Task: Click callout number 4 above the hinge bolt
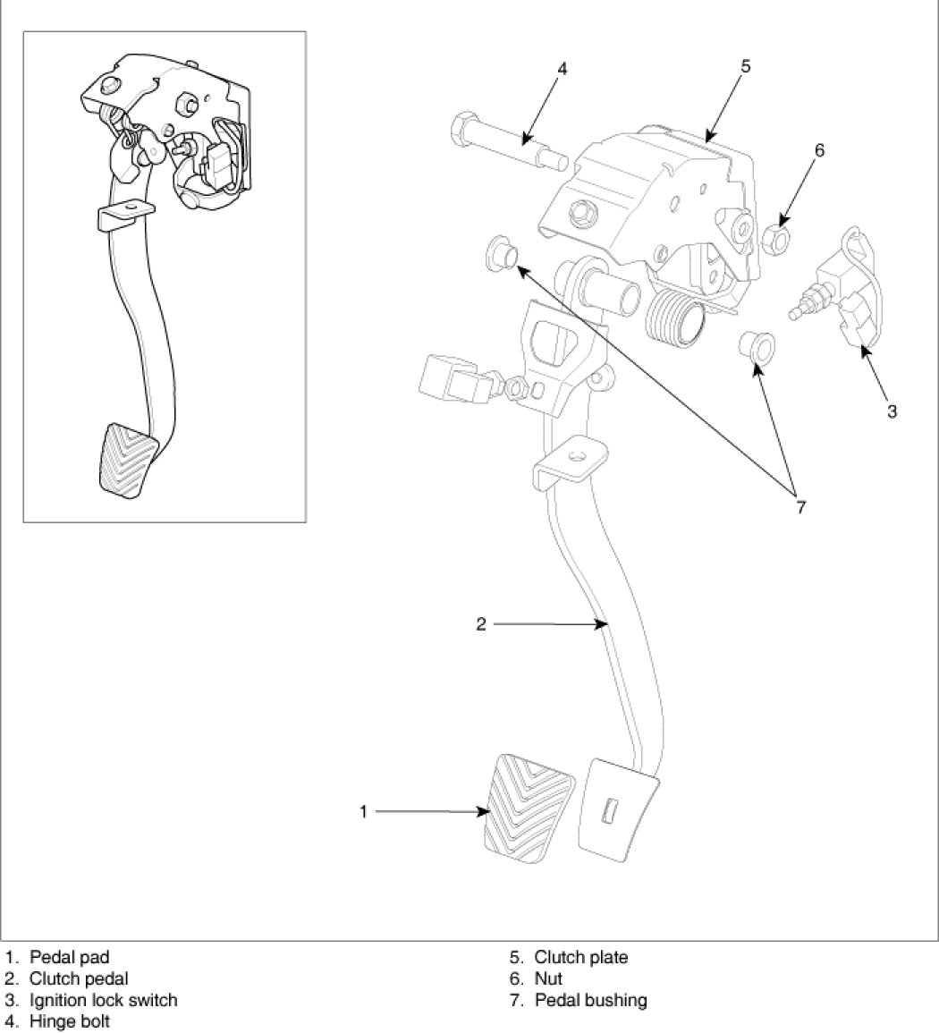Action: point(562,70)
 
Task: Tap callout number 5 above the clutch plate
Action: point(745,66)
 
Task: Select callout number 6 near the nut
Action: point(818,151)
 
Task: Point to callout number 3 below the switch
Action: point(892,411)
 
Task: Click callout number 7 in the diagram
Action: point(800,507)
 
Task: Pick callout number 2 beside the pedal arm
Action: point(481,624)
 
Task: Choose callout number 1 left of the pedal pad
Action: point(364,811)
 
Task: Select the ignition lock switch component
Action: point(845,296)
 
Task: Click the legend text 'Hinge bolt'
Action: point(70,1020)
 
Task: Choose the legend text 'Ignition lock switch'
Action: point(103,999)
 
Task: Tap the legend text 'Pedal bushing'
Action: point(590,999)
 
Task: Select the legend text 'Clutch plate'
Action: point(581,957)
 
